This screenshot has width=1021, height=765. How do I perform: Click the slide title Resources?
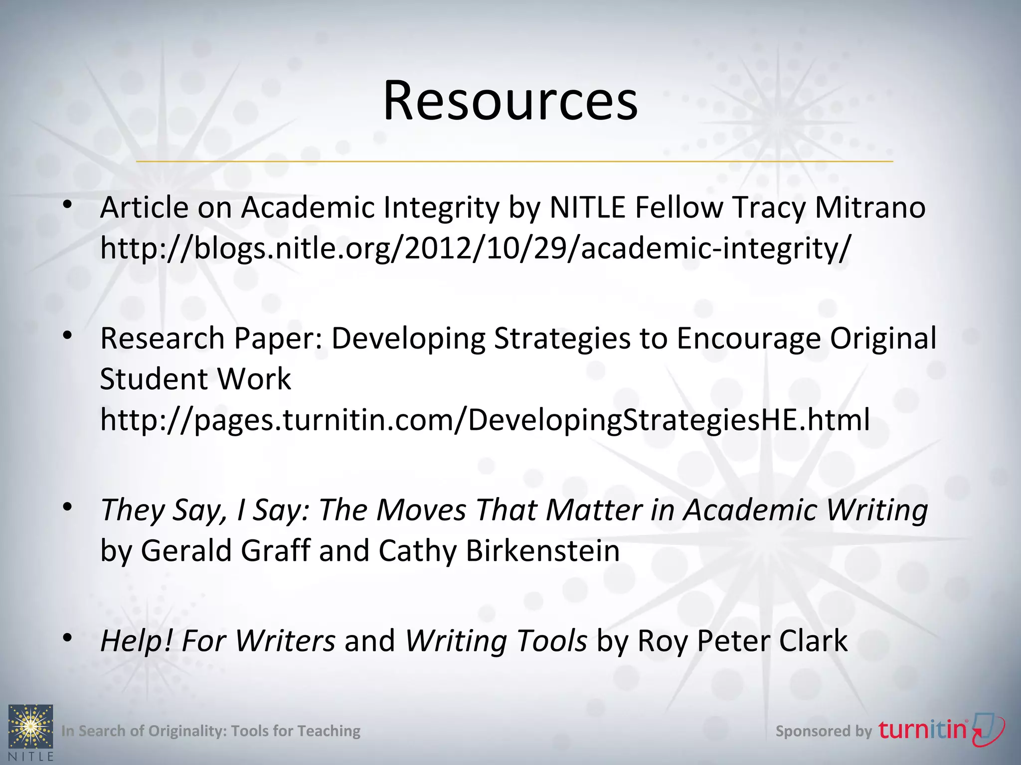[510, 101]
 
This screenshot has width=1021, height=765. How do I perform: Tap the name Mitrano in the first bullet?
[870, 207]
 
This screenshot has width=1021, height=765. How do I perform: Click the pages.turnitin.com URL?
[485, 419]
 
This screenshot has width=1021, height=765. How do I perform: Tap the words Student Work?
[195, 379]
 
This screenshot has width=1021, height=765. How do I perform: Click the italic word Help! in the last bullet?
[136, 640]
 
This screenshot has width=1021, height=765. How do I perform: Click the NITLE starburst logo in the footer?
[30, 727]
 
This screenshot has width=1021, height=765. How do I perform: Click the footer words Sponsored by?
[823, 731]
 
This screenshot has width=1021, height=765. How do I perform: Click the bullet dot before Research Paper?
[68, 335]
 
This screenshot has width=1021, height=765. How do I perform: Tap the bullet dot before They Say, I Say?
[68, 507]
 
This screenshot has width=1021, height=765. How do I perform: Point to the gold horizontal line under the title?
[514, 161]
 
